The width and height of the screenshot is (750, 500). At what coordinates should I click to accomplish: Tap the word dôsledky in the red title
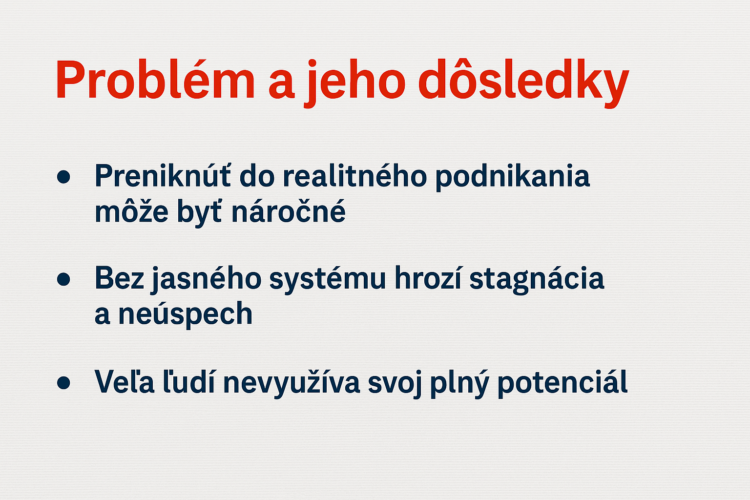point(523,83)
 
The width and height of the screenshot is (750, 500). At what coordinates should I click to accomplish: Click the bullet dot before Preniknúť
point(63,177)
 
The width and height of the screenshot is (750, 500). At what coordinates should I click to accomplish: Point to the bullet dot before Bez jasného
point(63,279)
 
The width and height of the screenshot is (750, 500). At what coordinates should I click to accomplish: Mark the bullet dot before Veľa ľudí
point(63,382)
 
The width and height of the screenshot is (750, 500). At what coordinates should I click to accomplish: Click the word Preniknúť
point(163,175)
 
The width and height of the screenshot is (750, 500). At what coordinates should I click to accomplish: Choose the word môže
point(131,210)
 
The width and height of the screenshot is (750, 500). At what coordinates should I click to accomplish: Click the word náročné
point(288,210)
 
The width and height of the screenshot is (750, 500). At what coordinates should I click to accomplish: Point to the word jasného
point(206,280)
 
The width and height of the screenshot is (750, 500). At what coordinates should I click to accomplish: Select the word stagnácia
point(537,280)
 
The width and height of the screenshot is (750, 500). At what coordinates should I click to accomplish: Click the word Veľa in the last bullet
point(124,381)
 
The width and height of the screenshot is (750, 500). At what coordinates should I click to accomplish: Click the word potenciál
point(562,383)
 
